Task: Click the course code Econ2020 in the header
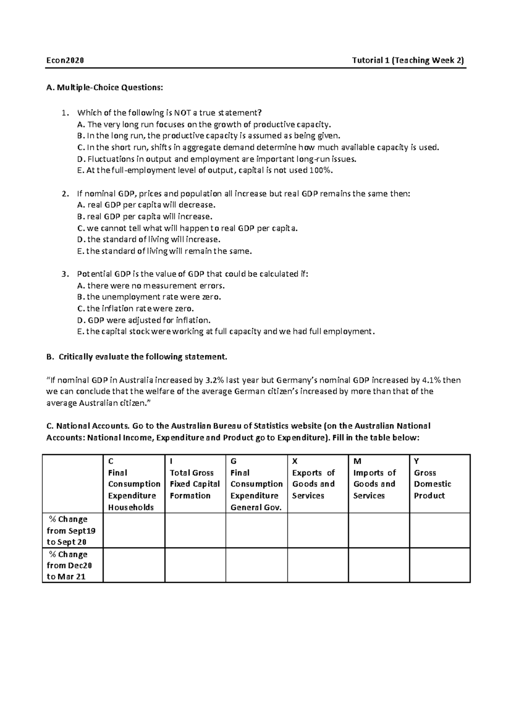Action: [x=65, y=60]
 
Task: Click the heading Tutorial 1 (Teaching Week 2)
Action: [x=408, y=60]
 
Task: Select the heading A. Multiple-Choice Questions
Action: [x=104, y=88]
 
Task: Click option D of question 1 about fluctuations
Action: [x=216, y=159]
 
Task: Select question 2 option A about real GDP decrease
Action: [x=146, y=205]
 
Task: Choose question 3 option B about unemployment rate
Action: [x=149, y=297]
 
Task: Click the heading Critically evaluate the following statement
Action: [x=143, y=357]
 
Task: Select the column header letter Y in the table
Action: [x=416, y=461]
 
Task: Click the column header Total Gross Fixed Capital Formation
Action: [x=195, y=484]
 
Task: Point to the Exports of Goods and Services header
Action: [x=313, y=484]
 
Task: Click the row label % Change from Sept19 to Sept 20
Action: [x=71, y=530]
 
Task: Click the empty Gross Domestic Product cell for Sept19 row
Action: [x=439, y=530]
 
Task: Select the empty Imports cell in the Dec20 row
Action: [x=379, y=565]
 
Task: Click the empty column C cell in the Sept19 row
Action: [x=134, y=530]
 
